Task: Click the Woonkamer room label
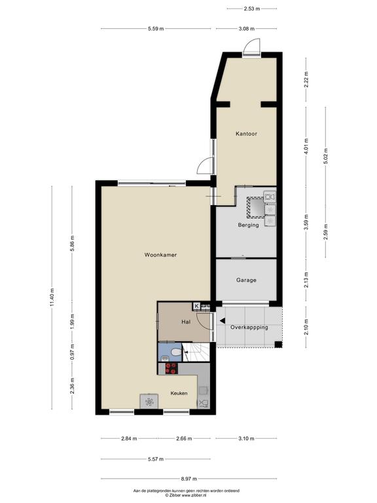160,255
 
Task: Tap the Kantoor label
246,134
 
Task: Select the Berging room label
248,225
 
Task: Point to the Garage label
246,280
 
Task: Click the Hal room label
186,322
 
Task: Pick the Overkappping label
249,327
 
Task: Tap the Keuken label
179,393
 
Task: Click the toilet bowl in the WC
176,352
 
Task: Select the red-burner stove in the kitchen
171,368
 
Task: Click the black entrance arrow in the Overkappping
222,320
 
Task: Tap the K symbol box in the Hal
197,306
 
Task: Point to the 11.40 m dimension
52,297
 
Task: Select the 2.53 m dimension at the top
251,9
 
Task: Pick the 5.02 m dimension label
325,157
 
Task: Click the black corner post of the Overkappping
278,345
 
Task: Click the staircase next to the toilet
196,352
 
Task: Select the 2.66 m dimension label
184,439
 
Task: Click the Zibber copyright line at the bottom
186,496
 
